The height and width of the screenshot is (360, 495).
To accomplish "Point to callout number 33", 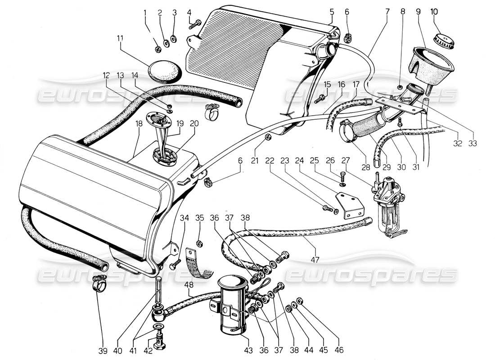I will coord(472,144).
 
